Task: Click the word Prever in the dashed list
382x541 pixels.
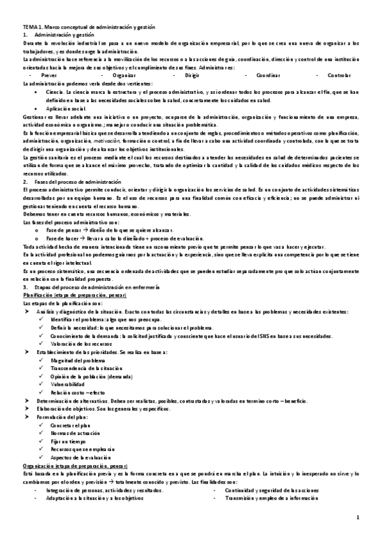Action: coord(48,75)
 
